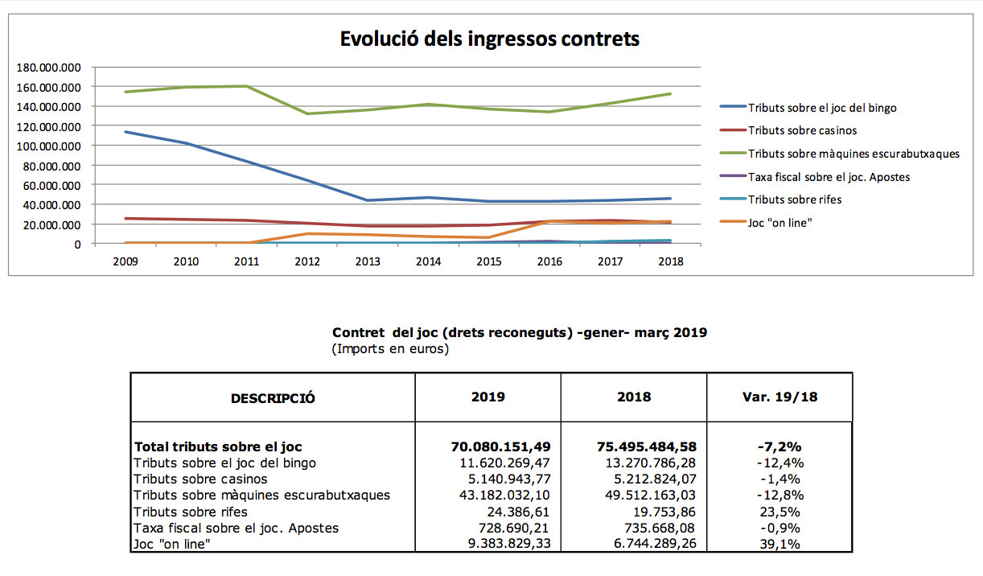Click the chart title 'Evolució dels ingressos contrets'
[x=490, y=39]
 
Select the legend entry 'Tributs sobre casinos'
[x=802, y=130]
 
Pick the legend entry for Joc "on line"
[x=779, y=222]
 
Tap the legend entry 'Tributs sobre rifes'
[x=795, y=200]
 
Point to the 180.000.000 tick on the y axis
[x=48, y=67]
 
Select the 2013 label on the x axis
[x=368, y=261]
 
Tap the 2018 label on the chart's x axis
[x=670, y=261]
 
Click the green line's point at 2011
[x=246, y=86]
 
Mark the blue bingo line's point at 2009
[x=125, y=132]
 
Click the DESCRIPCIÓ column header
[x=273, y=398]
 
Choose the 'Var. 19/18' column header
[x=779, y=397]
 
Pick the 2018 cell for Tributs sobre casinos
[x=650, y=479]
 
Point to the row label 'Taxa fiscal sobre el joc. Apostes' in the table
[x=236, y=528]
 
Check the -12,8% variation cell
[x=779, y=495]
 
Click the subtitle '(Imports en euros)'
[x=390, y=349]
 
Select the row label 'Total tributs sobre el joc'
[x=218, y=446]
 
